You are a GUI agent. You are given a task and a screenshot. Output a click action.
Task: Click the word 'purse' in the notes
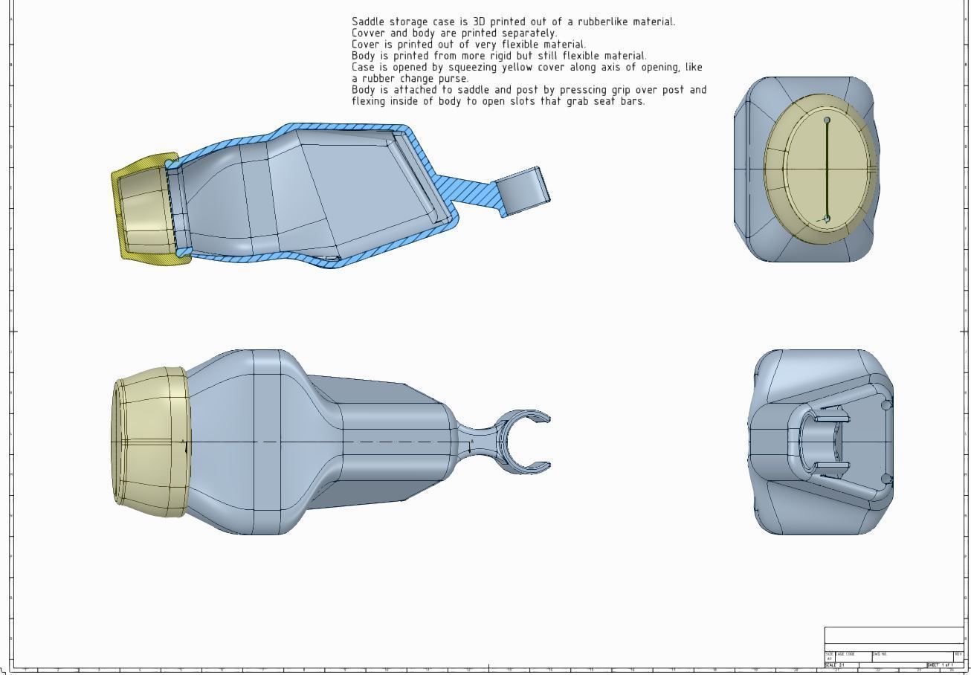coord(452,78)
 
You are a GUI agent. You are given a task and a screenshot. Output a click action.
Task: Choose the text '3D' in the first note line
coord(479,22)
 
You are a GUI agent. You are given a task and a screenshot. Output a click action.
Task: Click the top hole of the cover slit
coord(827,120)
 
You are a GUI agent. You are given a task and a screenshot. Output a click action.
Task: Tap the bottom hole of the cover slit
coord(827,219)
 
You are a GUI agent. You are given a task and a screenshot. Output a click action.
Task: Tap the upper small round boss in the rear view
coord(885,405)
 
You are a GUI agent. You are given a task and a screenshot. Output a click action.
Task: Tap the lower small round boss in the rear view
coord(885,479)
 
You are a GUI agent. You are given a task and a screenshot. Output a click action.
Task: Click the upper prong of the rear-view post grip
coord(828,419)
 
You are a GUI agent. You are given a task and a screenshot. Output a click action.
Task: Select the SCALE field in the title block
coord(835,665)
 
